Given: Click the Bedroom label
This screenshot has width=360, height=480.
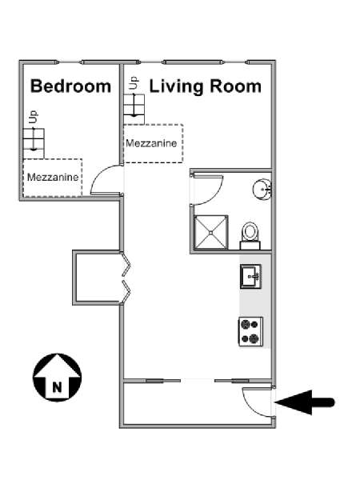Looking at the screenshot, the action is (x=70, y=86).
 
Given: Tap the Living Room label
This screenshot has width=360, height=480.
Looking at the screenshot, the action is (x=205, y=86).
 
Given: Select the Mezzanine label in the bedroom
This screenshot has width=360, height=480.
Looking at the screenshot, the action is (x=53, y=177).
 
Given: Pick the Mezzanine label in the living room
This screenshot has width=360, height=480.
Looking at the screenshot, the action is (x=151, y=143).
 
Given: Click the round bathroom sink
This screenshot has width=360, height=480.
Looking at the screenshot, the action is (x=262, y=190).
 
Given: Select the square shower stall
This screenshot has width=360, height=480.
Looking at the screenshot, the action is (x=211, y=232).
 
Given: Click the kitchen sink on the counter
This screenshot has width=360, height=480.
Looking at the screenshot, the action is (x=250, y=277).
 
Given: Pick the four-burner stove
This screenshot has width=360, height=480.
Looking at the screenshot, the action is (x=250, y=332).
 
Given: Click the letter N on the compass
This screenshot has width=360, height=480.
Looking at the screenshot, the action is (x=57, y=387).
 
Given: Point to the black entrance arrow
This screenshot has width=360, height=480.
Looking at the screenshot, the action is (x=305, y=402).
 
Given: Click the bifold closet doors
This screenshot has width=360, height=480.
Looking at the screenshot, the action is (x=126, y=278).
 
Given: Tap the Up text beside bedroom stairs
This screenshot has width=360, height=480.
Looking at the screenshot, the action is (x=33, y=117).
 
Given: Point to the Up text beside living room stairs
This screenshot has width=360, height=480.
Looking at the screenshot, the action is (x=134, y=82).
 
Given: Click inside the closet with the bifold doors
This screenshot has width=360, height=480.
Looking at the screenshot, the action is (x=98, y=278).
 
